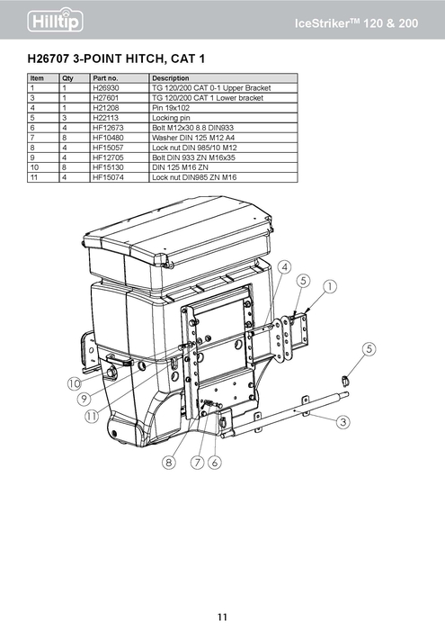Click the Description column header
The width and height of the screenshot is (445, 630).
[x=171, y=79]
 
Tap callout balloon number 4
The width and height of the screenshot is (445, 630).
[x=283, y=267]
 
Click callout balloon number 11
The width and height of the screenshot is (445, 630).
[x=92, y=416]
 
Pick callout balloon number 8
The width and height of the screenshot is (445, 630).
[x=168, y=463]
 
